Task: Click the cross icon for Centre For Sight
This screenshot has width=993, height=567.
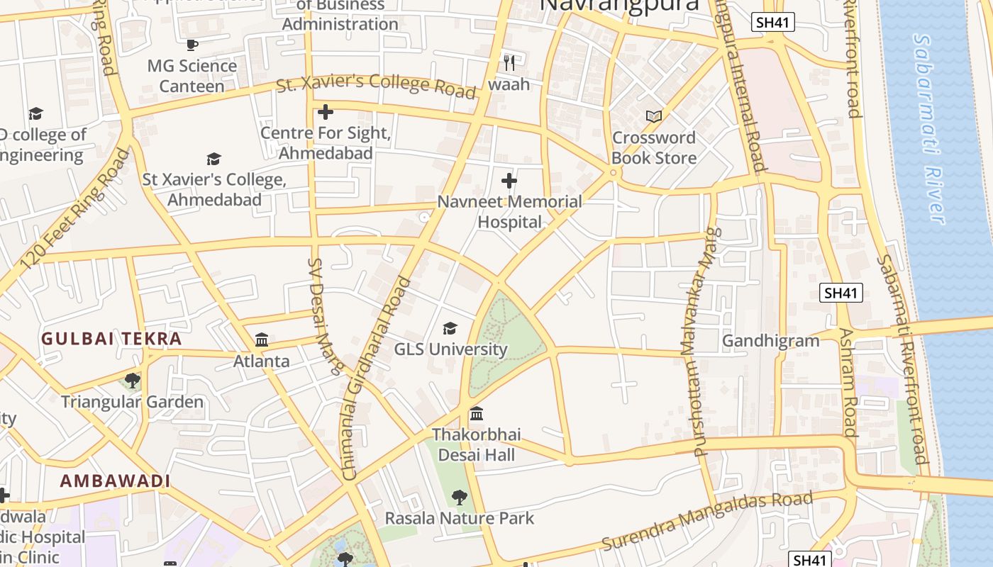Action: click(x=326, y=112)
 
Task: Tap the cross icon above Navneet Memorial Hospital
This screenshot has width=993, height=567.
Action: click(x=509, y=180)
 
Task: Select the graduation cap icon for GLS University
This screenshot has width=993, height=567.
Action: click(x=450, y=328)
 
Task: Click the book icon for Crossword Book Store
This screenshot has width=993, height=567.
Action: click(x=653, y=116)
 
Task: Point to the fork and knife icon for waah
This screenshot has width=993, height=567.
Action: click(x=509, y=63)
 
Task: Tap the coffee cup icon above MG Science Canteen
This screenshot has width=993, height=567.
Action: click(x=192, y=45)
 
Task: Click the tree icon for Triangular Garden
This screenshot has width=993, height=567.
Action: click(x=132, y=381)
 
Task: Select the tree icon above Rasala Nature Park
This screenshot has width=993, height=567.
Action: click(x=460, y=498)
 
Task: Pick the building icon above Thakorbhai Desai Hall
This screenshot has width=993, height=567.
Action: click(x=477, y=413)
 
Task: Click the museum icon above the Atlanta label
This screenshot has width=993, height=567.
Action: click(x=262, y=340)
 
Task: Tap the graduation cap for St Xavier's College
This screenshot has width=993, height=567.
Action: click(x=213, y=159)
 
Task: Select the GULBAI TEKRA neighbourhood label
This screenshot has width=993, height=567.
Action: click(x=111, y=339)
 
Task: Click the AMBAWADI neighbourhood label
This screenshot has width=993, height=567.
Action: click(x=115, y=481)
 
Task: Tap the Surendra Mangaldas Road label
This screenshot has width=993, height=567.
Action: click(x=706, y=520)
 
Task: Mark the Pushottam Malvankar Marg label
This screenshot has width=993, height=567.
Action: click(x=697, y=340)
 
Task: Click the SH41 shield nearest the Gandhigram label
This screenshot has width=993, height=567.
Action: click(x=841, y=293)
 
